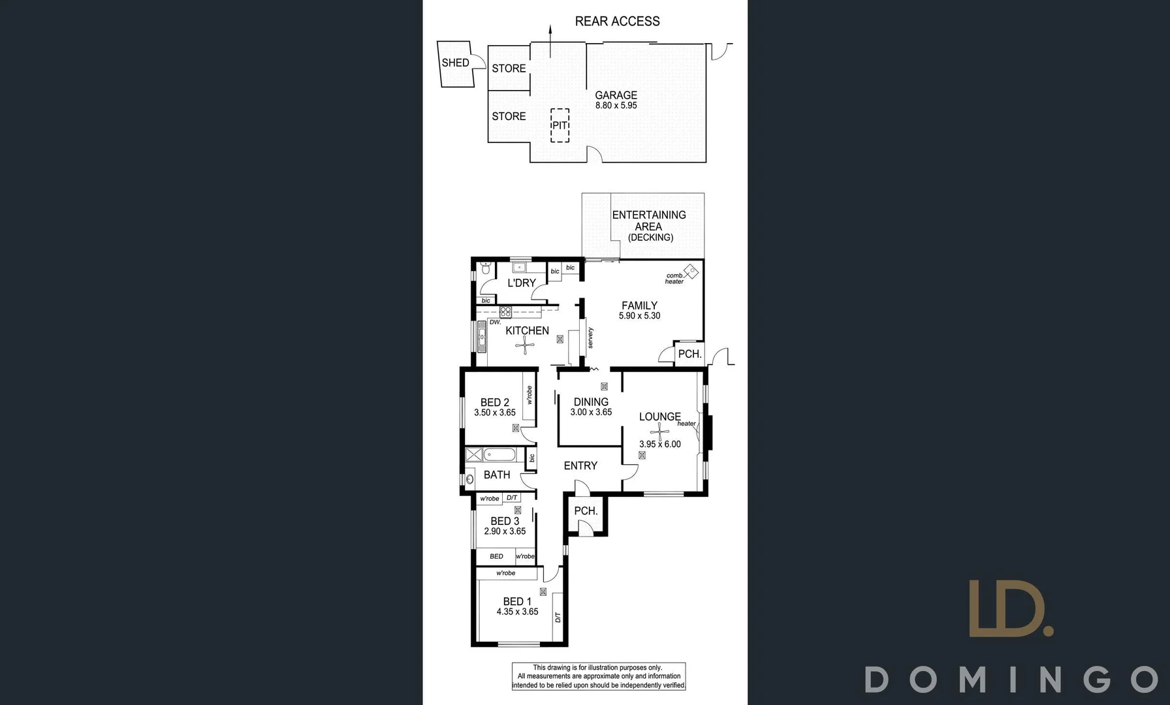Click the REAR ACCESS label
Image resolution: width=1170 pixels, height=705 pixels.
pos(617,22)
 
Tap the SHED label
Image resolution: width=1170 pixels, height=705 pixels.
pos(455,63)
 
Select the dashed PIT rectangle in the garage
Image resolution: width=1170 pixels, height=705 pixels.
pos(560,125)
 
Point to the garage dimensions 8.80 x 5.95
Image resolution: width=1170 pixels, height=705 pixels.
pos(616,106)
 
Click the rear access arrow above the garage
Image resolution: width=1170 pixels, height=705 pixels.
pos(550,40)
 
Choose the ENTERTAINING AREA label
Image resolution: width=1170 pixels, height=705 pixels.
pos(648,220)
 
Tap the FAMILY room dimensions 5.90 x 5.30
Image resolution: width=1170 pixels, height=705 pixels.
pos(639,316)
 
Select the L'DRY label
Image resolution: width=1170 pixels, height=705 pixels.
pos(521,283)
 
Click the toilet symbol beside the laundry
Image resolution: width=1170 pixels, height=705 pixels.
pos(485,268)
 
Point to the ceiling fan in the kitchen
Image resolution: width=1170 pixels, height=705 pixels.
pos(525,346)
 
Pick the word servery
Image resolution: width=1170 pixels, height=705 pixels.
pos(590,337)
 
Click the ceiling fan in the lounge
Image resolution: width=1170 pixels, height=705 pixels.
pos(660,430)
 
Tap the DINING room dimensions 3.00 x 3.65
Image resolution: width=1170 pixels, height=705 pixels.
pos(591,413)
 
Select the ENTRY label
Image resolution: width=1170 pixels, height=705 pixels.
pos(580,465)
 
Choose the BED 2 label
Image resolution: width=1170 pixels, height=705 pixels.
pos(494,402)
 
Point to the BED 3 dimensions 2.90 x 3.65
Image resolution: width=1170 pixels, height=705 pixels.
pos(505,531)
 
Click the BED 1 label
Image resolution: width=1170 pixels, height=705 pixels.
pos(516,601)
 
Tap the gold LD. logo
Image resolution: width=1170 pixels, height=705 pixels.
pos(1010,608)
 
